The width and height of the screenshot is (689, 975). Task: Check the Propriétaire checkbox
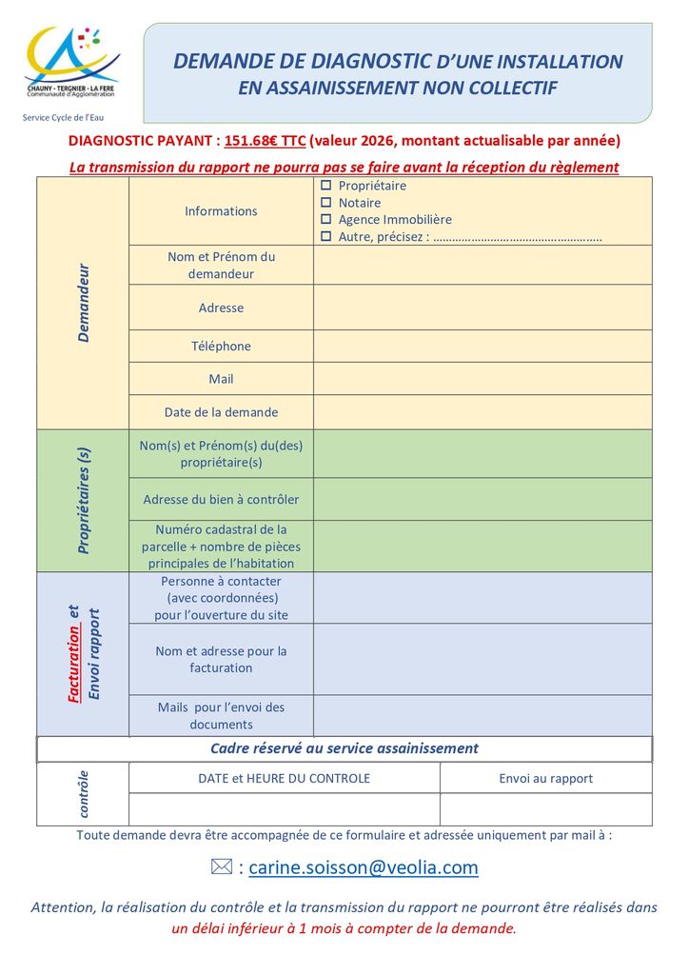(325, 186)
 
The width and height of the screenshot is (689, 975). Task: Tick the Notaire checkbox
(325, 203)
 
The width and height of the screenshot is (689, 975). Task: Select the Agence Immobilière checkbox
(325, 220)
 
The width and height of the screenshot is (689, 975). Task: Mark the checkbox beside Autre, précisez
(325, 236)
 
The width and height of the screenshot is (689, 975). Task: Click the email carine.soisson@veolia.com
(363, 867)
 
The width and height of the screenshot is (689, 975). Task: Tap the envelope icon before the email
(221, 867)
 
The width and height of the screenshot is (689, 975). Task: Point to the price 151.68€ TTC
(266, 141)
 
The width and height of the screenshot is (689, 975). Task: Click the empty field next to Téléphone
(482, 347)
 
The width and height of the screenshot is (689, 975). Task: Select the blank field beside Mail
(482, 379)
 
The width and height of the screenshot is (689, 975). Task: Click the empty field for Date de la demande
(482, 412)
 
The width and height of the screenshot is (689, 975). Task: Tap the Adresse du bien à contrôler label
(221, 500)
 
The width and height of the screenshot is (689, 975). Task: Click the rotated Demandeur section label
(83, 303)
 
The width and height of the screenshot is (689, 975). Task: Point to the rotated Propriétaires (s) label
(83, 501)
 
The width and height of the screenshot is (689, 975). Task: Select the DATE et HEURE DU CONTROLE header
(284, 779)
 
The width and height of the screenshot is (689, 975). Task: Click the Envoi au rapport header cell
(545, 779)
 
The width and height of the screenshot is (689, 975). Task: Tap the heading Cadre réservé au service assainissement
(344, 748)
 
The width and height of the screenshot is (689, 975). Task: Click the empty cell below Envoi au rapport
(545, 809)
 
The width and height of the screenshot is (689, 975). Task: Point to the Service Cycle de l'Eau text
(64, 118)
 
